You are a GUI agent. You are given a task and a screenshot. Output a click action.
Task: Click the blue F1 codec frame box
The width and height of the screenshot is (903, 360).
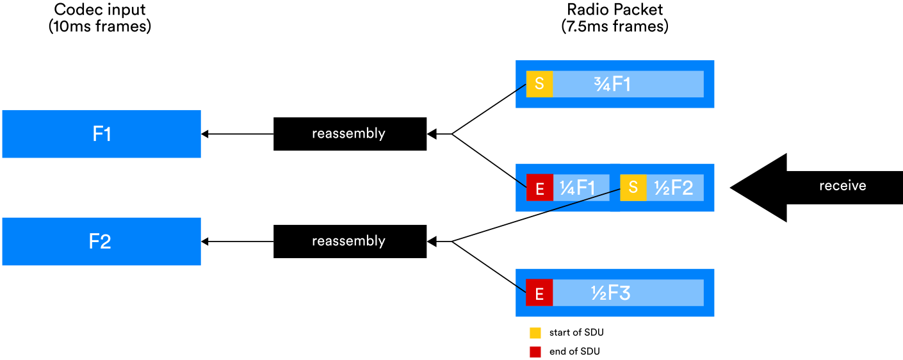pyautogui.click(x=101, y=134)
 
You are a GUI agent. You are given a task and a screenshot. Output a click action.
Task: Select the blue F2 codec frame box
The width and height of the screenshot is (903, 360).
pyautogui.click(x=101, y=241)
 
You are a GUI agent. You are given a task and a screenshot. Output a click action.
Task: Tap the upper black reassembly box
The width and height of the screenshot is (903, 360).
pyautogui.click(x=350, y=134)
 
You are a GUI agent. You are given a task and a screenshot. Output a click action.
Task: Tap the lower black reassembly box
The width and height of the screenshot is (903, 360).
pyautogui.click(x=350, y=241)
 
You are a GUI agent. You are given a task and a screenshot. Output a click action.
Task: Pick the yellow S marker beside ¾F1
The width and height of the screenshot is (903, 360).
pyautogui.click(x=539, y=84)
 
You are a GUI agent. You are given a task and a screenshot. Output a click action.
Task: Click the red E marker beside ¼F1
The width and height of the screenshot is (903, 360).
pyautogui.click(x=539, y=188)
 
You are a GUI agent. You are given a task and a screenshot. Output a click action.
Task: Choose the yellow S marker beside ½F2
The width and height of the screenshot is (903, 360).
pyautogui.click(x=633, y=187)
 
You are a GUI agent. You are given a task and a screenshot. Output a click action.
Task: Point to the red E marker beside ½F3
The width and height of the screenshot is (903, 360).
pyautogui.click(x=539, y=293)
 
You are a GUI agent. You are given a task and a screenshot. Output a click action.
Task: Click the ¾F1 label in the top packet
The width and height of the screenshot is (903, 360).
pyautogui.click(x=612, y=84)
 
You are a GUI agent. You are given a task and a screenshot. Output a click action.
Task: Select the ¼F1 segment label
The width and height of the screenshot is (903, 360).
pyautogui.click(x=577, y=188)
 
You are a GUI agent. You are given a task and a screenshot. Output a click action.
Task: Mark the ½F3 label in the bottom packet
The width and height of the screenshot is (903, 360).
pyautogui.click(x=610, y=293)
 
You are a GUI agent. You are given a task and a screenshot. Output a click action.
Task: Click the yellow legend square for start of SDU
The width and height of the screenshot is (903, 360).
pyautogui.click(x=535, y=333)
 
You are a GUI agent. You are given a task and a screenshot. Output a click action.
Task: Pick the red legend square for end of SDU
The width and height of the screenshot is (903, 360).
pyautogui.click(x=535, y=352)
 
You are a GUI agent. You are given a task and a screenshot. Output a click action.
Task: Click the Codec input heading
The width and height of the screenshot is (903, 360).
pyautogui.click(x=100, y=10)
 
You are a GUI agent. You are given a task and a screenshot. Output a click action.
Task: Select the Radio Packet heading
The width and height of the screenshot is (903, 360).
pyautogui.click(x=614, y=10)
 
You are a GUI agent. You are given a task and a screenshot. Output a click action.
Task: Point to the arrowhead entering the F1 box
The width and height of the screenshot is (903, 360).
pyautogui.click(x=205, y=134)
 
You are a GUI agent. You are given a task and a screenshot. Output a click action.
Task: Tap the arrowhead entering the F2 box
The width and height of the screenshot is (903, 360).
pyautogui.click(x=205, y=241)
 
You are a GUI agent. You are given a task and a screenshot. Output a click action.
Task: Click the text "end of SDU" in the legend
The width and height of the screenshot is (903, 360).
pyautogui.click(x=574, y=352)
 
